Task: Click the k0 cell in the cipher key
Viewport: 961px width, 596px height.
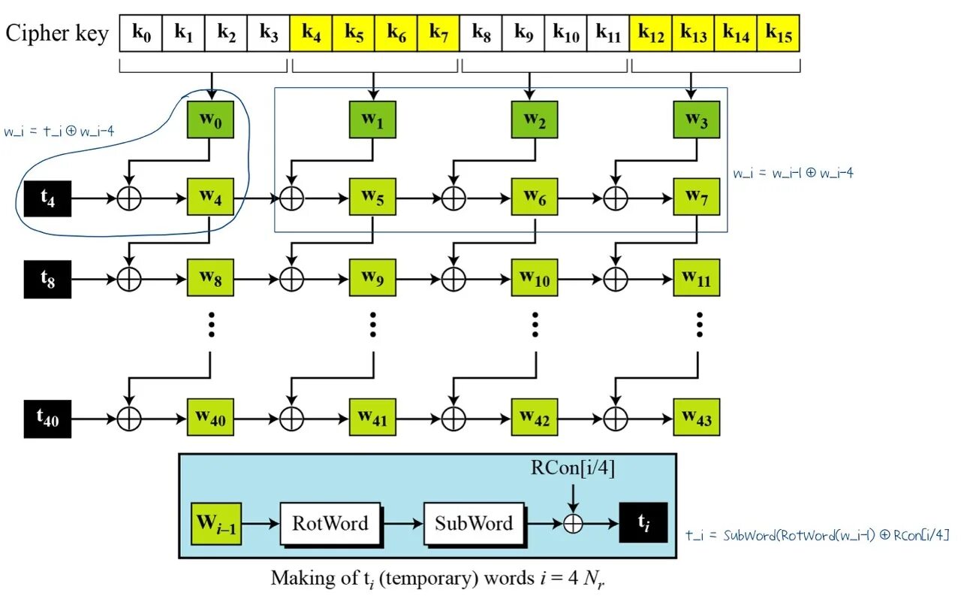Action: pos(141,34)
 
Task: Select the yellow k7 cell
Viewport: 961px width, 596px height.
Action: pos(438,34)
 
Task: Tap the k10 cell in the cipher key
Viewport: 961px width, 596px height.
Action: pos(566,34)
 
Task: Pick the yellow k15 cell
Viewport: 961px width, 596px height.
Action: pos(779,34)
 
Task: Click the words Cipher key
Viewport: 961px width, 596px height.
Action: pos(57,34)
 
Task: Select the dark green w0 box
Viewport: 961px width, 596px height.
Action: pos(211,120)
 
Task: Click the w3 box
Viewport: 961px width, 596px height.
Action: pos(697,120)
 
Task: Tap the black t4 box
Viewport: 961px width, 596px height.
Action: pos(47,199)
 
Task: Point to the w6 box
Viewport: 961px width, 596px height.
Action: pos(535,198)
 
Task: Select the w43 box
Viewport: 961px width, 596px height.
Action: pos(697,416)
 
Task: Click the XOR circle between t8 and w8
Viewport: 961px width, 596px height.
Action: pos(129,279)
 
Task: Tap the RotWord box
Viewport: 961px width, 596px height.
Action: pos(330,523)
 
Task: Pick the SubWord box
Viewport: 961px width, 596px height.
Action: pos(474,523)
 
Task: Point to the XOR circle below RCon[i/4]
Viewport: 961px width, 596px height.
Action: pos(573,523)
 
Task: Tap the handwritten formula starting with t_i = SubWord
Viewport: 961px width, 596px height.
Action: pos(818,535)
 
